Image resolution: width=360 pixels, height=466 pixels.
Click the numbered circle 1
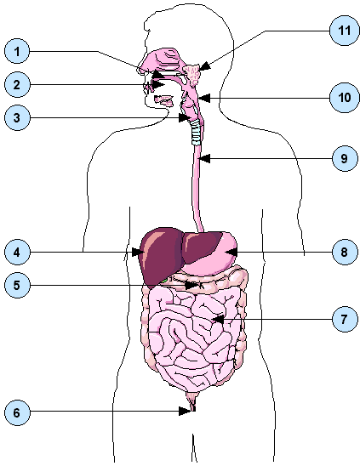coord(17,51)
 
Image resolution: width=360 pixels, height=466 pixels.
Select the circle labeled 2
coord(17,85)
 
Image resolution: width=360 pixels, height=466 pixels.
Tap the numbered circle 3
coord(17,117)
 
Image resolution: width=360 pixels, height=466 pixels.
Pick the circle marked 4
coord(17,252)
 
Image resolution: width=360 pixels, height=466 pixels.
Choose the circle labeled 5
coord(17,286)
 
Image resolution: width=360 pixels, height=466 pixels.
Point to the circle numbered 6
coord(17,412)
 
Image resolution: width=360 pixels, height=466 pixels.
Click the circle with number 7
coord(345,319)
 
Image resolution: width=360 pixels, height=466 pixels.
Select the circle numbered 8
coord(345,252)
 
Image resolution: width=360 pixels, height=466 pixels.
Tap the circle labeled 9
coord(345,158)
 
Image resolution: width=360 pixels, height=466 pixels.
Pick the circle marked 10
coord(345,98)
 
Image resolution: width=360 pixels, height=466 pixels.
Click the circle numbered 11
coord(345,31)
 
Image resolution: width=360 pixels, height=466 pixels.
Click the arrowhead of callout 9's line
coord(205,158)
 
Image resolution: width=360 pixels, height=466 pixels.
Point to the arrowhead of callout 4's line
coord(138,252)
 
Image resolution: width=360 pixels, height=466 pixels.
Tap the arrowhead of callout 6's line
coord(185,412)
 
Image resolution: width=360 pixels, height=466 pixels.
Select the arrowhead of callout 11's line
coord(205,66)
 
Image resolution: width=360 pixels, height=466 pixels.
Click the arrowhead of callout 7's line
coord(218,319)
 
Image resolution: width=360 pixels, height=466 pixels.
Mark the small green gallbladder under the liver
coord(163,280)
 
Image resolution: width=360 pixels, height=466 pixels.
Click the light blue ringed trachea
coord(197,133)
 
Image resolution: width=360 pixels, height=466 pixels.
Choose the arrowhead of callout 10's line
coord(205,98)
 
